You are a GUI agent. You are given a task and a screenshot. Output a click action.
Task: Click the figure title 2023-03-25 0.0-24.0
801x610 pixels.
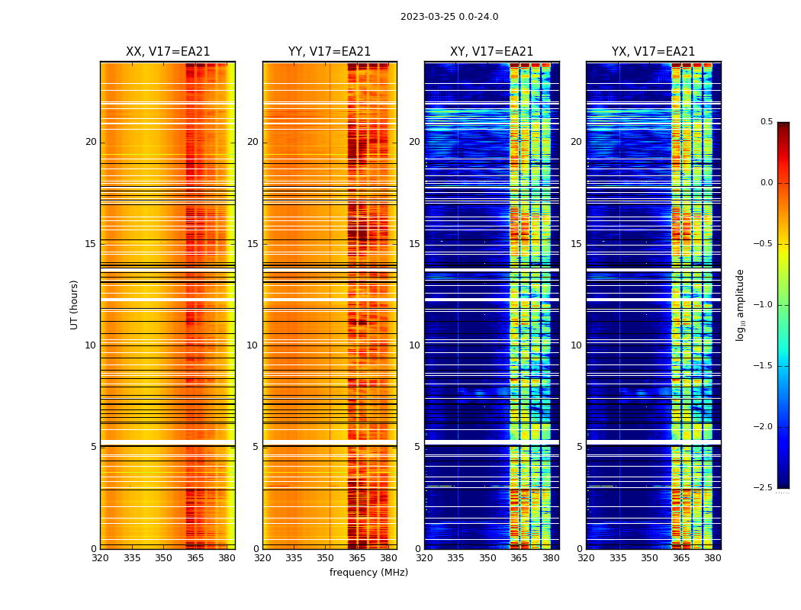449,17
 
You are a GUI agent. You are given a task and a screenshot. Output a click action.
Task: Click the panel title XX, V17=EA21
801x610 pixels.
168,52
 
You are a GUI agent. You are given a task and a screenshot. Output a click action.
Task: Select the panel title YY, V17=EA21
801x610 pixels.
330,52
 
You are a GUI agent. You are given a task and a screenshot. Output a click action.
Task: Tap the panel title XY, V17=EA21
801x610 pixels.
491,52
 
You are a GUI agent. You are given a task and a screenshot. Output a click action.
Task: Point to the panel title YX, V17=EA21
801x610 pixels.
653,52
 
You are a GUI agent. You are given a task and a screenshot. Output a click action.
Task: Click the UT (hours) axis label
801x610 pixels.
74,304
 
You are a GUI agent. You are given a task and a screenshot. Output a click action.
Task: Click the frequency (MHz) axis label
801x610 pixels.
368,573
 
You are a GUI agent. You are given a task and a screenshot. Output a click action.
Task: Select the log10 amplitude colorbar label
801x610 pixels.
740,304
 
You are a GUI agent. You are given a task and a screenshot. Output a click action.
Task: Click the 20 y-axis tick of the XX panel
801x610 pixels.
91,142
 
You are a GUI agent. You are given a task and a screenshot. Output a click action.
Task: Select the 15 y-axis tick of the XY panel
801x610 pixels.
414,243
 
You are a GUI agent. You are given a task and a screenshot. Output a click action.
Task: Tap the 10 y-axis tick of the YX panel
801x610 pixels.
576,345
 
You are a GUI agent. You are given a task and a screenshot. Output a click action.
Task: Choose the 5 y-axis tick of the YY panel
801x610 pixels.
256,447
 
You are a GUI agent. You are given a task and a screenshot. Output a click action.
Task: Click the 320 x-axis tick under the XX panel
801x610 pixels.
100,558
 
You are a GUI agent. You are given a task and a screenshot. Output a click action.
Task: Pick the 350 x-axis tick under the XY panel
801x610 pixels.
487,558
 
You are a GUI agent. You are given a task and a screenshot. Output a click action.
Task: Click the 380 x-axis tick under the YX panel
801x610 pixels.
713,558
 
